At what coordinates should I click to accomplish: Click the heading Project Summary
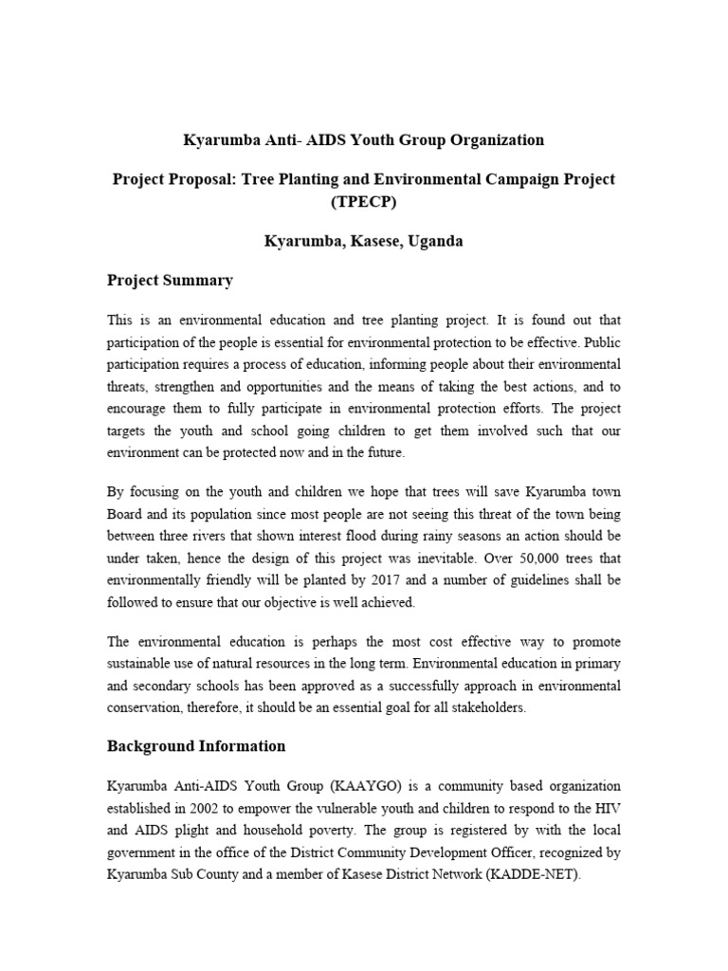point(170,281)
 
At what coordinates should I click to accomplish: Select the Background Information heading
point(196,745)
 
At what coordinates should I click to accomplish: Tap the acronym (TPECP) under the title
point(363,203)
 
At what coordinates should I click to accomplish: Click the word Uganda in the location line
point(437,241)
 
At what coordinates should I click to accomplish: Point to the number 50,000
point(510,558)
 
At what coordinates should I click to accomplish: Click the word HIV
point(608,809)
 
